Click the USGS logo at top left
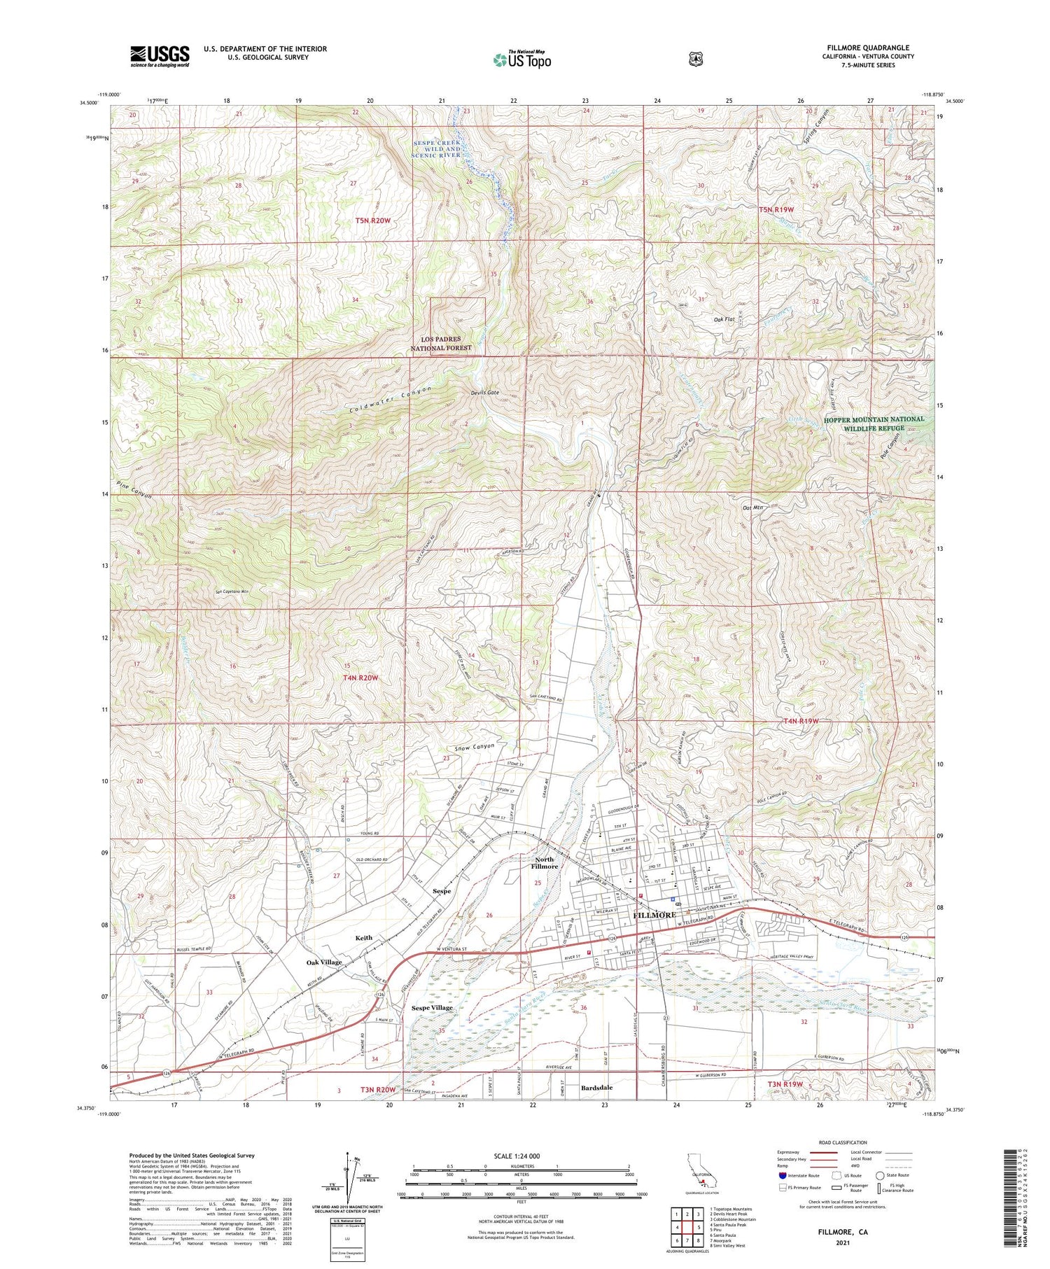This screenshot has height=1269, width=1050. [160, 56]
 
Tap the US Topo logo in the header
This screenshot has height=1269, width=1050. [521, 60]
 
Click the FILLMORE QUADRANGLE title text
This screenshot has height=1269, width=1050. [867, 48]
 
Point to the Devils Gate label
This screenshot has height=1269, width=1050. [484, 393]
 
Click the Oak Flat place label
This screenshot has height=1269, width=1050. [724, 319]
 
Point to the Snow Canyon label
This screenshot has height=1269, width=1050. [474, 746]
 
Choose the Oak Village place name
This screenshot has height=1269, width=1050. [324, 962]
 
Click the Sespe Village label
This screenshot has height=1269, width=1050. [432, 1007]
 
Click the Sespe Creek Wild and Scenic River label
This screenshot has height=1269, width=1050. [437, 148]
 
